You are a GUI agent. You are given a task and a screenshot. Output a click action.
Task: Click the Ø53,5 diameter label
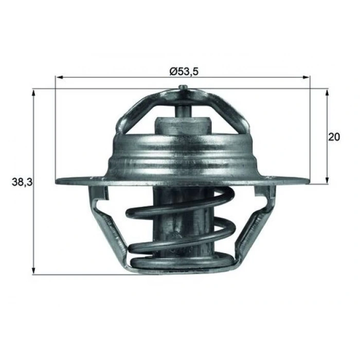[184, 72]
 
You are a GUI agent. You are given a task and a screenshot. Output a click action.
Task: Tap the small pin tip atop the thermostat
[183, 87]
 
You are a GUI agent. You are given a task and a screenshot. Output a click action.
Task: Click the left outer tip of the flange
[57, 181]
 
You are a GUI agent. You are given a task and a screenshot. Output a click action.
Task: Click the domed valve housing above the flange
[183, 152]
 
